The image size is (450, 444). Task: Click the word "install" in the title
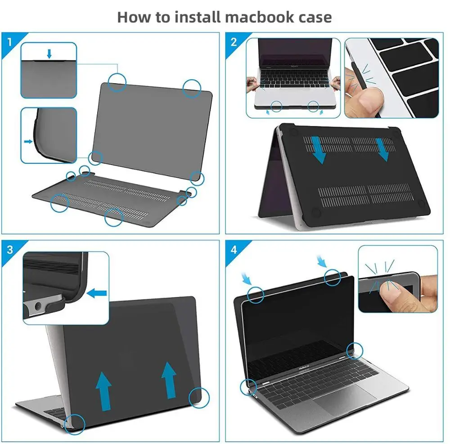click(198, 17)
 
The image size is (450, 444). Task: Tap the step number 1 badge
click(10, 42)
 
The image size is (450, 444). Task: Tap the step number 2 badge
click(234, 42)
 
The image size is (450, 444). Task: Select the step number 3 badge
click(10, 250)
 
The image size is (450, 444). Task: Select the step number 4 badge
click(234, 250)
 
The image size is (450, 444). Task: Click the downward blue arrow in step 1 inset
click(49, 54)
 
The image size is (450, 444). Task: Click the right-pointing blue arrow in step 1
click(28, 141)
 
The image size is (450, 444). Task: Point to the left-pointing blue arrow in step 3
click(97, 293)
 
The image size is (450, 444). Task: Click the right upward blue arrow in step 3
click(169, 380)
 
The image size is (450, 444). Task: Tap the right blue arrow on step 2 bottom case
click(382, 150)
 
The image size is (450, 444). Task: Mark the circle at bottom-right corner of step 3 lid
click(199, 398)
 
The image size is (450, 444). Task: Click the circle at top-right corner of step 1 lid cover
click(192, 88)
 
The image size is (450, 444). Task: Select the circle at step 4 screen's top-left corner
click(256, 295)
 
